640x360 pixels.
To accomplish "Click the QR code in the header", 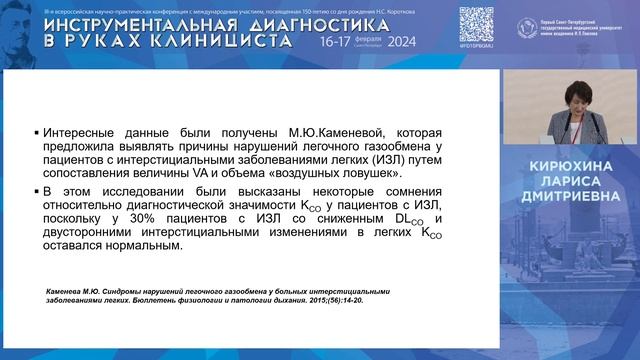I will (x=476, y=22).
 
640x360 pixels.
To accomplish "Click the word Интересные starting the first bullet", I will (x=81, y=133).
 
